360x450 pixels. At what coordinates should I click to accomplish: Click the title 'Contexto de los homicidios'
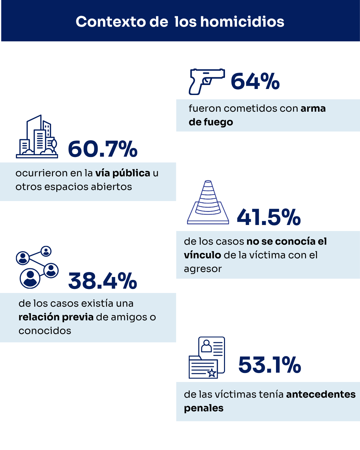click(x=180, y=22)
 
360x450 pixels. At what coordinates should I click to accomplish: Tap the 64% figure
click(x=255, y=82)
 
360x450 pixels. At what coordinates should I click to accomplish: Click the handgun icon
click(x=206, y=81)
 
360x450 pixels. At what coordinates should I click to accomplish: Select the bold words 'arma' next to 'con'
click(x=313, y=108)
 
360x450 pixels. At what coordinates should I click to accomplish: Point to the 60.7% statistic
click(x=103, y=149)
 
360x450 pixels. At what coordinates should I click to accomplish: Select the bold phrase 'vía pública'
click(x=123, y=173)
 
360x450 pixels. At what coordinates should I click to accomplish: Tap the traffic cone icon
click(x=208, y=203)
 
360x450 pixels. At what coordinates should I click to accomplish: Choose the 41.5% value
click(x=269, y=217)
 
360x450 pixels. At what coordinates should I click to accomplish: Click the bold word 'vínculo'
click(x=202, y=255)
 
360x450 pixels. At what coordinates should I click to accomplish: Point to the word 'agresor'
click(x=203, y=269)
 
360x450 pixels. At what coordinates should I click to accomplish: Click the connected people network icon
click(x=37, y=267)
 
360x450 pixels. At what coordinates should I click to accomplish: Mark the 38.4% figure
click(x=103, y=281)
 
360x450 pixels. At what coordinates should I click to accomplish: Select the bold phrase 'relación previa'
click(x=56, y=317)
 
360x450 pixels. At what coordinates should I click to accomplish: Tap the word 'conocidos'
click(x=45, y=331)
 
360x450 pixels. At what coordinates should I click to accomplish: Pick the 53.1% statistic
click(x=270, y=365)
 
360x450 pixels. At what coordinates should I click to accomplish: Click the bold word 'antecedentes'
click(x=321, y=394)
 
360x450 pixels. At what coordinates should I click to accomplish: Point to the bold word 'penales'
click(x=204, y=408)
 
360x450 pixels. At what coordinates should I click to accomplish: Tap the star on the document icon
click(x=212, y=373)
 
